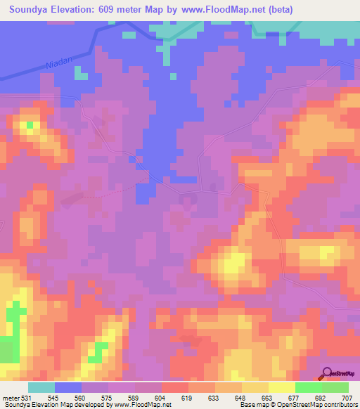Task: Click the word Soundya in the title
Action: [x=33, y=9]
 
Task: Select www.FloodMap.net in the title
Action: [x=228, y=9]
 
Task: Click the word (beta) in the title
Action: [x=278, y=9]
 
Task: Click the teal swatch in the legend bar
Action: [x=41, y=388]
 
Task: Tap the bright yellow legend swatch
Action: [x=282, y=388]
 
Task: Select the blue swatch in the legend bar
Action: [x=68, y=388]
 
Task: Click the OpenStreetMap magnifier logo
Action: [x=326, y=372]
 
